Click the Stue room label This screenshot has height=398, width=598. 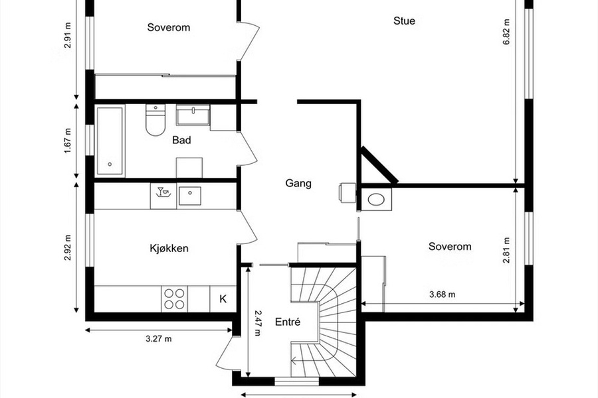pos(404,21)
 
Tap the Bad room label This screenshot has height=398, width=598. pos(181,140)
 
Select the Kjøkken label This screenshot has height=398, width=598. pos(169,248)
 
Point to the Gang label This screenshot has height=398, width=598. pos(298,183)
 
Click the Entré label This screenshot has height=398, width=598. pos(288,322)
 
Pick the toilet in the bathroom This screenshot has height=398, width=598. pos(155,119)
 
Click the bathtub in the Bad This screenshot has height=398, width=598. pos(110,141)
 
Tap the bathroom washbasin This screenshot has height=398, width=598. pos(193,115)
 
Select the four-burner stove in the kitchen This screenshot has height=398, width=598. pos(174,298)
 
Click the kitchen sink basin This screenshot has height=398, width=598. pos(189,196)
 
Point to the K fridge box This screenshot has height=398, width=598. pos(223,298)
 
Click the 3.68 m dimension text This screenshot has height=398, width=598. pos(443,295)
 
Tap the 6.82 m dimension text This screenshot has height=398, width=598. pos(506,32)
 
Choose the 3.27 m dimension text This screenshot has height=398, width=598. pos(159,338)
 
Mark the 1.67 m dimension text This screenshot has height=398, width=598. pos(68,141)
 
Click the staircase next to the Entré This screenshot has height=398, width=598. pos(324,322)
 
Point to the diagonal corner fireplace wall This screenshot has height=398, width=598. pos(379,165)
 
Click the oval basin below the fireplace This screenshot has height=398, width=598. pos(377,199)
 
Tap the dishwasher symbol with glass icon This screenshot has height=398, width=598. pos(163,196)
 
